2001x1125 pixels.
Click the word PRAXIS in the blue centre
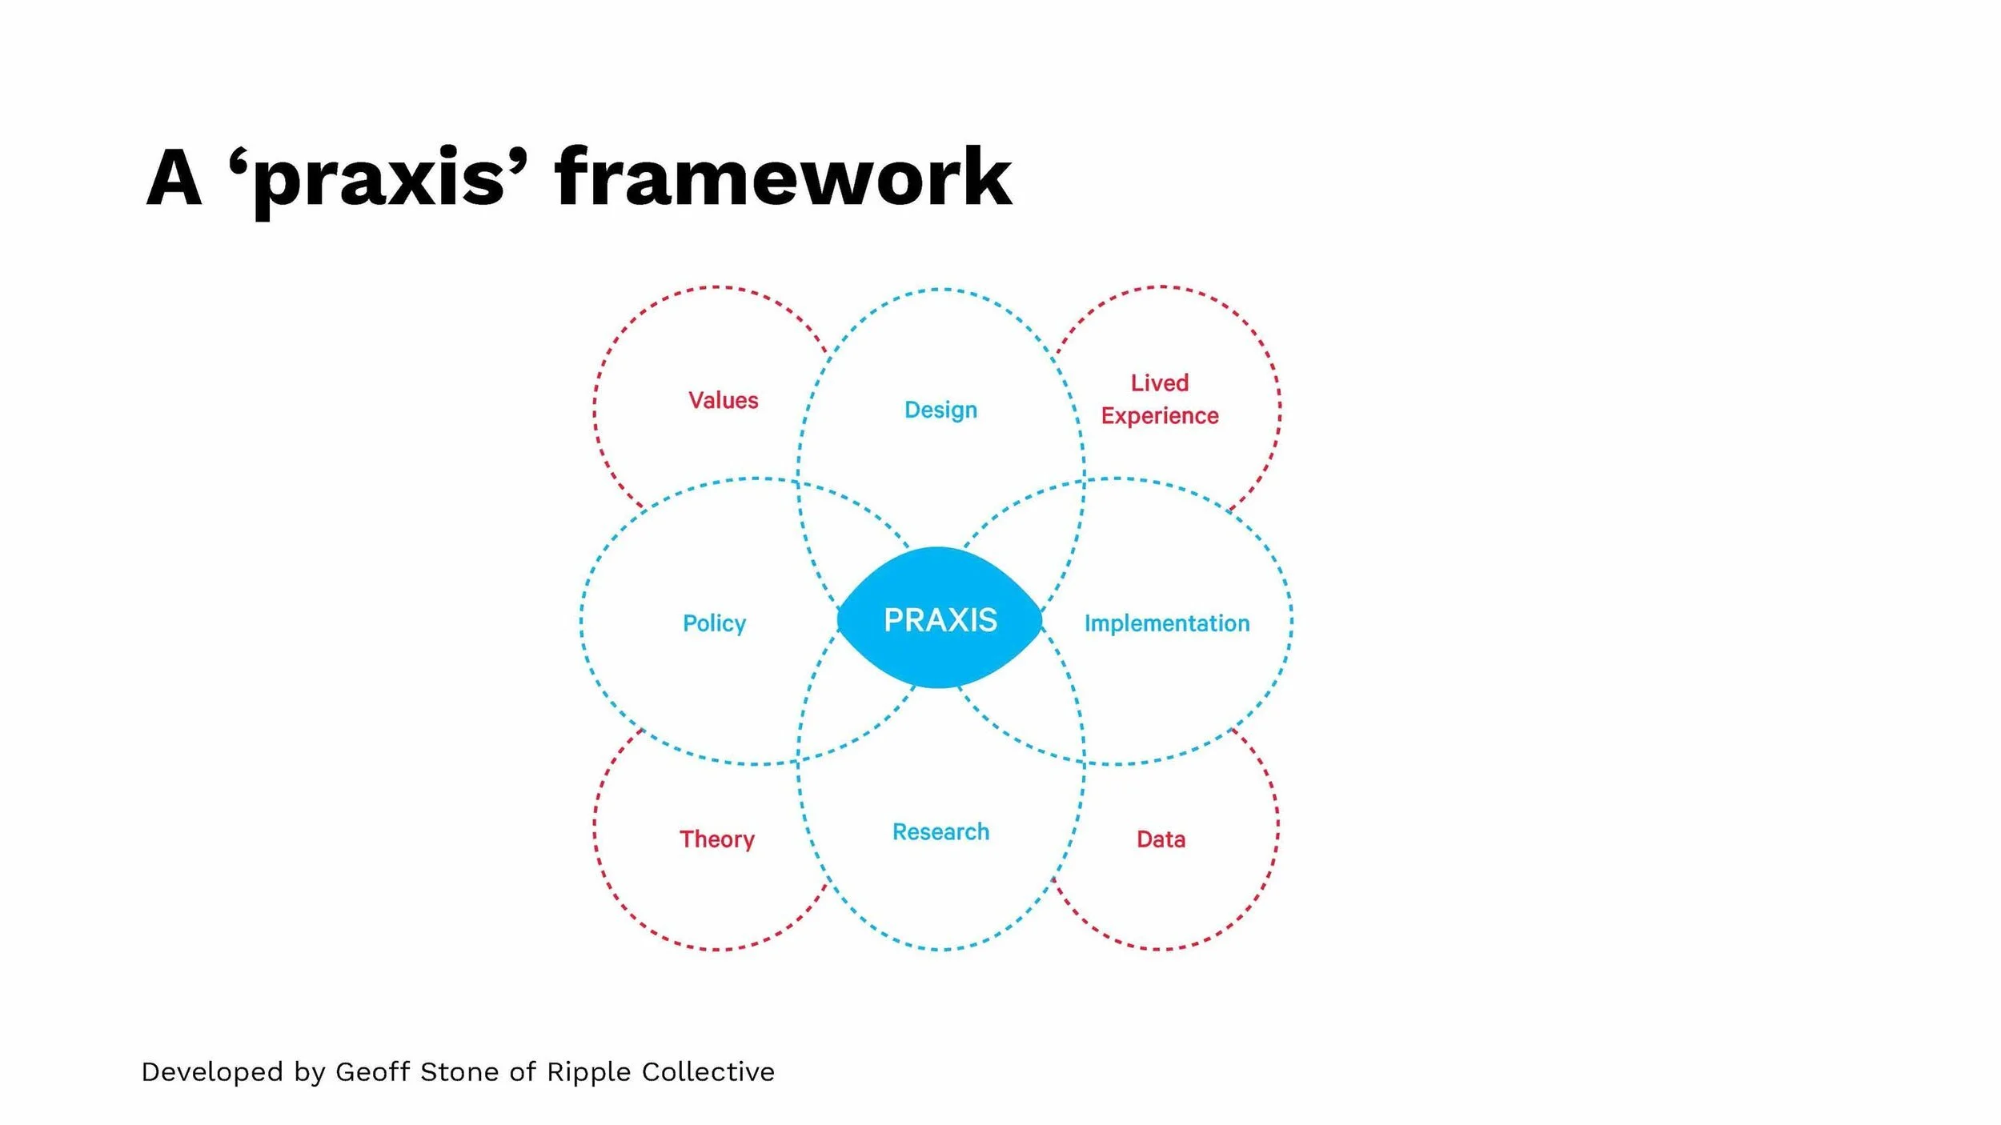(940, 620)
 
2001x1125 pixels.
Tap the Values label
(723, 400)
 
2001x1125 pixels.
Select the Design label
(940, 410)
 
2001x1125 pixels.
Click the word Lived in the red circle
(1159, 382)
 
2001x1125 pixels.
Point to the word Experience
(1159, 416)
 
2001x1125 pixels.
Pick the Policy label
(714, 623)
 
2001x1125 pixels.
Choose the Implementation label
(1166, 623)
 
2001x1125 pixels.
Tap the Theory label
(717, 839)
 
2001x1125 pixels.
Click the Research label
(940, 832)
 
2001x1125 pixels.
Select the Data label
(1161, 839)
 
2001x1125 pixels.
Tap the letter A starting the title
(174, 178)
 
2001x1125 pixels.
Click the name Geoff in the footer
(372, 1071)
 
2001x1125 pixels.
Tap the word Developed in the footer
(212, 1071)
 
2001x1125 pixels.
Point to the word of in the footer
(523, 1071)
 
